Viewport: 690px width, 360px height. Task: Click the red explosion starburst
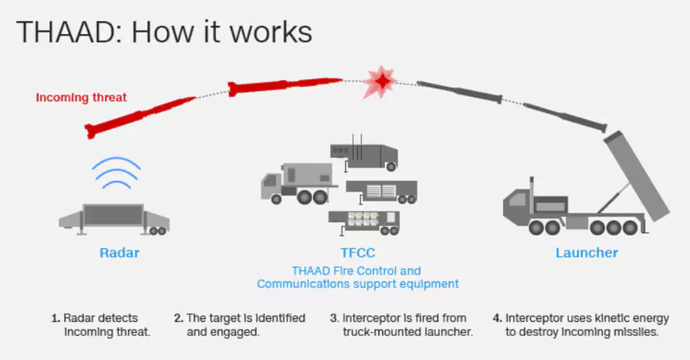pyautogui.click(x=380, y=82)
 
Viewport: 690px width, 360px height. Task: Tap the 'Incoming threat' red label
pyautogui.click(x=81, y=97)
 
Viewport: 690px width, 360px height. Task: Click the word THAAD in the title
pyautogui.click(x=68, y=33)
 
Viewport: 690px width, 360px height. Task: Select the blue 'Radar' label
pyautogui.click(x=120, y=252)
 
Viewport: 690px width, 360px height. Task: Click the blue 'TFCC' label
pyautogui.click(x=358, y=252)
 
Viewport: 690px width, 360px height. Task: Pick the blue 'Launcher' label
pyautogui.click(x=587, y=252)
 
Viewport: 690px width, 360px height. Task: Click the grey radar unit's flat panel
pyautogui.click(x=113, y=215)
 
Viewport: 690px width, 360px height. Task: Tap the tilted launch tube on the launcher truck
pyautogui.click(x=637, y=175)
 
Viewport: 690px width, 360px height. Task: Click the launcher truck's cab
pyautogui.click(x=519, y=205)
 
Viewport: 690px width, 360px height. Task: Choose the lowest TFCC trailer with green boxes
pyautogui.click(x=364, y=222)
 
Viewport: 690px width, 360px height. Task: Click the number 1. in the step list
pyautogui.click(x=55, y=318)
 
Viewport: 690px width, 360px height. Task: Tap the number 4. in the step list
pyautogui.click(x=498, y=318)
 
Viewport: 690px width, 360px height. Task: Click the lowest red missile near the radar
pyautogui.click(x=140, y=117)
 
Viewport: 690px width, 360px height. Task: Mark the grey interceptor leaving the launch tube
pyautogui.click(x=565, y=117)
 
